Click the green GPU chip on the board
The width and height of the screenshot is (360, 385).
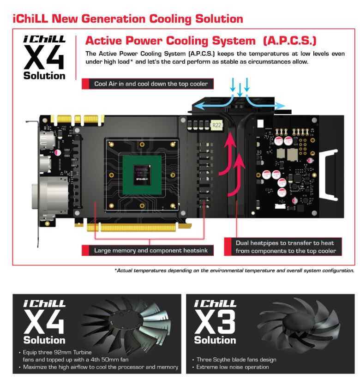click(142, 175)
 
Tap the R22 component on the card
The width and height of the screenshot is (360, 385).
click(216, 126)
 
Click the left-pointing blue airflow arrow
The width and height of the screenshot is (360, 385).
click(212, 103)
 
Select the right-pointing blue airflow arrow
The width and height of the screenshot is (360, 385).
click(265, 103)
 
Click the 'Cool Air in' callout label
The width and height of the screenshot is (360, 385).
click(148, 84)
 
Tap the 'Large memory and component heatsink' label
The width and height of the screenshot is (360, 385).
click(148, 251)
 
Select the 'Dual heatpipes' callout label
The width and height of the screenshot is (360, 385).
click(283, 247)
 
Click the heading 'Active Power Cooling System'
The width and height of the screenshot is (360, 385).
click(170, 41)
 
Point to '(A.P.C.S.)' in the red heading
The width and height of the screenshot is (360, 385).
click(290, 41)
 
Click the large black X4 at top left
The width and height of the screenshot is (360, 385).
click(44, 58)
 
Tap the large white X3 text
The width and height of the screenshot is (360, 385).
click(215, 322)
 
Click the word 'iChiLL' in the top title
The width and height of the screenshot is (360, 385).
click(30, 19)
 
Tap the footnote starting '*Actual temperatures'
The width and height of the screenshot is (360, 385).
click(234, 271)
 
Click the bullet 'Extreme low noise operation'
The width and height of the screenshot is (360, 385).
click(233, 367)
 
